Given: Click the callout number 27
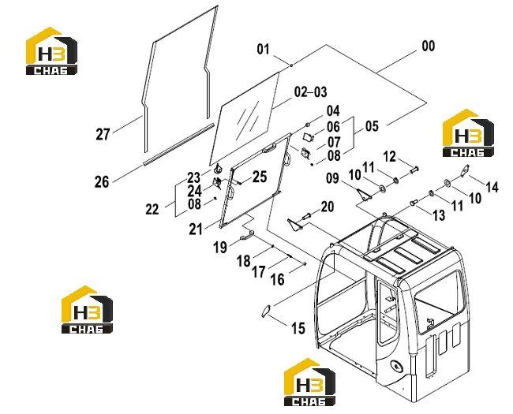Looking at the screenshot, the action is [x=103, y=134].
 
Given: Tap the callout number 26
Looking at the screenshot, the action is [x=102, y=181].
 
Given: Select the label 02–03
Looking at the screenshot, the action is [x=310, y=92].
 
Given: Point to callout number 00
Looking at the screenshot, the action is [x=429, y=46].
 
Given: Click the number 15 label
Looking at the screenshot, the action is [x=298, y=328].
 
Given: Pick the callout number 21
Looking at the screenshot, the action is [x=196, y=229].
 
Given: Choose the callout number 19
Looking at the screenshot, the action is [x=220, y=248].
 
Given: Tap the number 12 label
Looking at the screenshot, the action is [x=389, y=157].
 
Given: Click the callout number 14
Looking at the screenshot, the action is [x=492, y=188].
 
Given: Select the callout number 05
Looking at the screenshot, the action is [x=372, y=126].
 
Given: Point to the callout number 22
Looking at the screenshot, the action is [x=152, y=209].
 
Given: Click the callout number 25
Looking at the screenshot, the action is [x=260, y=177].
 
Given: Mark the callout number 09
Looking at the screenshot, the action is [x=332, y=178].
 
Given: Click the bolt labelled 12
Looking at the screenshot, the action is [x=414, y=170].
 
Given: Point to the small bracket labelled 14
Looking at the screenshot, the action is [x=465, y=170].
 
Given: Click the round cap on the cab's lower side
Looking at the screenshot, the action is [x=396, y=366].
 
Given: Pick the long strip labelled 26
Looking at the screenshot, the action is [x=178, y=144].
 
